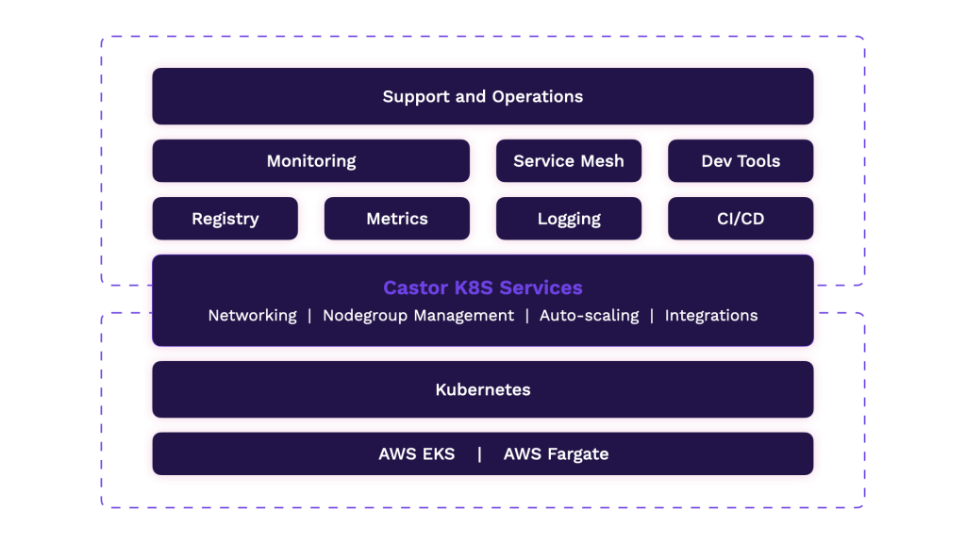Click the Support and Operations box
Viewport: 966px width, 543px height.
click(483, 96)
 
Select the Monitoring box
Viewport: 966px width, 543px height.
click(311, 160)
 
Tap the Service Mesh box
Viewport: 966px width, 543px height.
click(569, 160)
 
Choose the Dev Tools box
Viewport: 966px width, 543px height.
click(741, 160)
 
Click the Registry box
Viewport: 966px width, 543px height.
click(225, 219)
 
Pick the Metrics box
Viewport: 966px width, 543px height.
click(397, 219)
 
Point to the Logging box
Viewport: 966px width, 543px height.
click(569, 219)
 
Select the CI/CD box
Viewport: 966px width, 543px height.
click(741, 219)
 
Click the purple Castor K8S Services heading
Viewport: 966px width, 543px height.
click(483, 288)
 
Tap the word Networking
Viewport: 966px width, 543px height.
click(253, 316)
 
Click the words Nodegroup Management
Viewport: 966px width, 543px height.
click(418, 316)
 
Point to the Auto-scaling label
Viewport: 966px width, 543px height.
click(589, 315)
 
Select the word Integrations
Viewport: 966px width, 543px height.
click(711, 316)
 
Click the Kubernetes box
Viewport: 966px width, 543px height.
click(483, 389)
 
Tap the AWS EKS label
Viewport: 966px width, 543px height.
click(416, 453)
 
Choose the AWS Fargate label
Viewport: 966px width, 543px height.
click(556, 454)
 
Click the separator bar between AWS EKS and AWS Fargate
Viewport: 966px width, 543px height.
click(479, 454)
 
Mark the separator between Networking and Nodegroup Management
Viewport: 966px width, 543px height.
click(309, 316)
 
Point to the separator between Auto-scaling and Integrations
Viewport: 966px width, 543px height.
click(652, 316)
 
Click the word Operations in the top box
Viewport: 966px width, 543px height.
click(537, 97)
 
